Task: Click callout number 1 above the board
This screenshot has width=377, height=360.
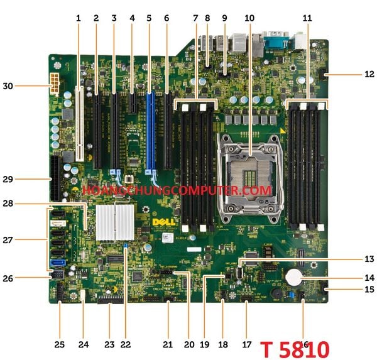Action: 79,18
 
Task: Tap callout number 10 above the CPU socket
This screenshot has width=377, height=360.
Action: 249,18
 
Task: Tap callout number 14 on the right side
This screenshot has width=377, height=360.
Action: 369,277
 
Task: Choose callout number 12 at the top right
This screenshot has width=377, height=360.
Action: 369,74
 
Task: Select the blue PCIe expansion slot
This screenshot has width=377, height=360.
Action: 150,132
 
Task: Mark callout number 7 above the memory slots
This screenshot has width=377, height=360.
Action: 195,18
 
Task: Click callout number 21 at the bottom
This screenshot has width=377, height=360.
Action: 167,344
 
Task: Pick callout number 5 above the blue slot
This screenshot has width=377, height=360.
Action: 149,18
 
